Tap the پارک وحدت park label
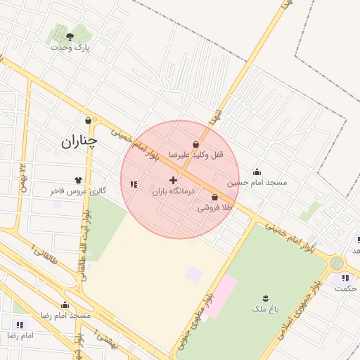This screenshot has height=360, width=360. click(x=70, y=47)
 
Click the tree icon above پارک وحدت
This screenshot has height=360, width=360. click(x=70, y=35)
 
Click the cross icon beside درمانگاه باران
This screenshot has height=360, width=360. click(x=174, y=181)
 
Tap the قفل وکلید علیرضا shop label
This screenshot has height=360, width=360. click(x=195, y=154)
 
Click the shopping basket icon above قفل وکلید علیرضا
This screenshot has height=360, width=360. click(x=195, y=143)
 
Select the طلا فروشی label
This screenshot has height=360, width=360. click(x=214, y=208)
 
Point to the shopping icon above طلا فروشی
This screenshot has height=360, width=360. click(x=214, y=198)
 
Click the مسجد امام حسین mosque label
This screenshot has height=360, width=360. click(x=257, y=183)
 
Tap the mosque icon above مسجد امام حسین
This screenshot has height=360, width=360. click(x=257, y=172)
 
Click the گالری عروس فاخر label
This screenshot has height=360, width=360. click(x=78, y=191)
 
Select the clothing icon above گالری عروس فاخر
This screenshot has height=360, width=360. click(x=78, y=180)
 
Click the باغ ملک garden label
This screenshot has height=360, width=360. click(x=265, y=309)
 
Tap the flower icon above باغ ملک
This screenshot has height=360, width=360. click(x=265, y=298)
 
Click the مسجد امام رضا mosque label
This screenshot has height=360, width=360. click(x=65, y=316)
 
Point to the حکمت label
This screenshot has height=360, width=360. click(x=345, y=288)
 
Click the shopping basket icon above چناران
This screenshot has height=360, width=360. click(x=88, y=120)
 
